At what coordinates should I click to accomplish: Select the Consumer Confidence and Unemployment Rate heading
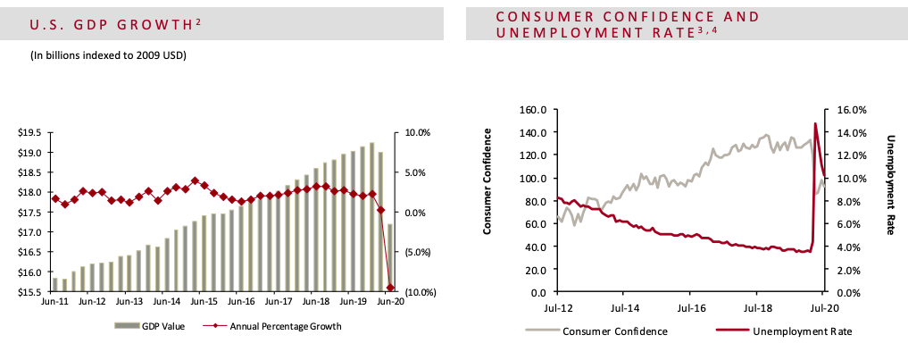click(x=627, y=25)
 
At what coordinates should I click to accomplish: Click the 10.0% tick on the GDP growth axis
click(x=419, y=132)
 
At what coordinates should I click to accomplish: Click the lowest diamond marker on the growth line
click(x=390, y=288)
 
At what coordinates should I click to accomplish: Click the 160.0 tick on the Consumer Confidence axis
click(x=533, y=110)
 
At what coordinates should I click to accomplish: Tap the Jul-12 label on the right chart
click(x=557, y=307)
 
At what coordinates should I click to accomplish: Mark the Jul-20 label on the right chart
click(x=823, y=307)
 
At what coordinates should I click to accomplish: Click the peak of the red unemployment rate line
click(x=815, y=123)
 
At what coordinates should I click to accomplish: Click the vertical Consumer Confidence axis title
click(x=488, y=181)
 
